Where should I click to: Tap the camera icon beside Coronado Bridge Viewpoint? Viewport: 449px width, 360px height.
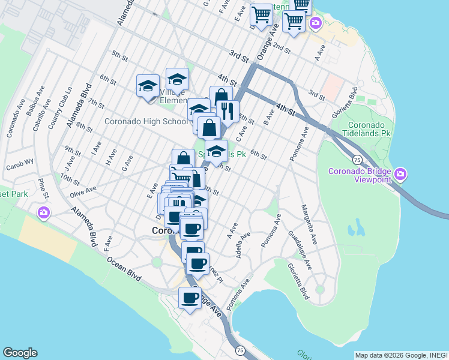click(x=400, y=175)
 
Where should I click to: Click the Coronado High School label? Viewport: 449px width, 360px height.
click(x=146, y=121)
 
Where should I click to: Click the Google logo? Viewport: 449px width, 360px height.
click(x=20, y=353)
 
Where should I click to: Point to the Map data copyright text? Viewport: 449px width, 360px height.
click(x=401, y=355)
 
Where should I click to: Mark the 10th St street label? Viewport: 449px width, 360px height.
click(x=70, y=179)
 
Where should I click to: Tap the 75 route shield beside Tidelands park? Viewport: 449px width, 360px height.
click(x=357, y=160)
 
